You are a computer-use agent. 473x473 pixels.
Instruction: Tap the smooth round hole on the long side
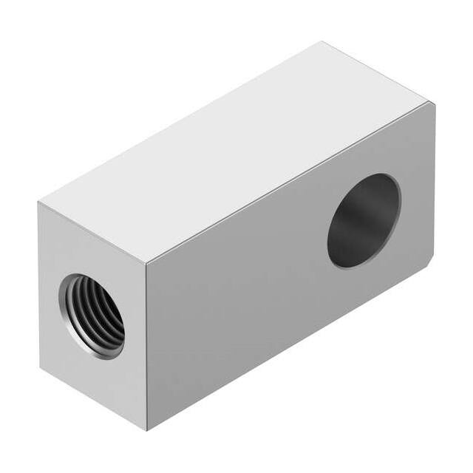(364, 220)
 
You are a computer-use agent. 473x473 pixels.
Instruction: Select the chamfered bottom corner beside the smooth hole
(429, 262)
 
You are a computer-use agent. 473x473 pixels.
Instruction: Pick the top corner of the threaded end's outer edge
(38, 202)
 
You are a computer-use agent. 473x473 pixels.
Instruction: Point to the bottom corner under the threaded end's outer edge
(40, 367)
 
